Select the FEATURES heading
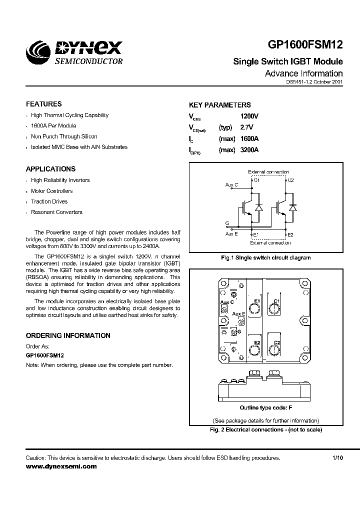coord(44,104)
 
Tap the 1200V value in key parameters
coord(250,116)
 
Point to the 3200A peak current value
coord(250,149)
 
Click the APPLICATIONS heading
coord(50,169)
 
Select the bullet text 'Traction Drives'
coord(49,201)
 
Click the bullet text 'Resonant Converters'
coord(56,212)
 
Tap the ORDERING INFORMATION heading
coord(68,335)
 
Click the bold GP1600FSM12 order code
coord(44,355)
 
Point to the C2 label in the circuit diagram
coord(290,180)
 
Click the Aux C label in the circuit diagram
coord(231,185)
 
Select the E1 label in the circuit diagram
coord(256,234)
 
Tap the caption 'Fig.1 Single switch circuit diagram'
coord(265,258)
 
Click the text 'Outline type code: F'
coord(265,407)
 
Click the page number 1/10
coord(338,457)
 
